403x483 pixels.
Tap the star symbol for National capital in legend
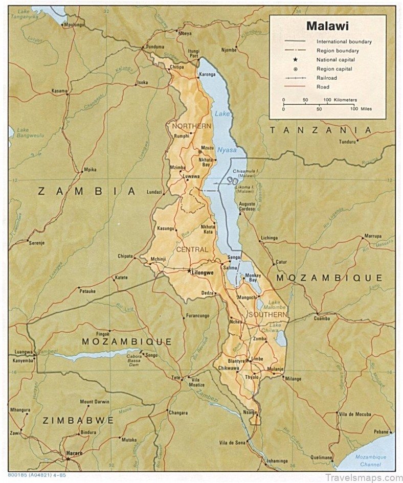(x=296, y=60)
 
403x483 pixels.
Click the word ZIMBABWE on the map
(x=78, y=420)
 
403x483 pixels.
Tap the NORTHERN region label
(x=191, y=126)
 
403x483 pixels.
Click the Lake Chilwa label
(x=275, y=328)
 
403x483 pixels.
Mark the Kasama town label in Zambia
(x=59, y=91)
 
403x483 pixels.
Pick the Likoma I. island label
(x=245, y=189)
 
